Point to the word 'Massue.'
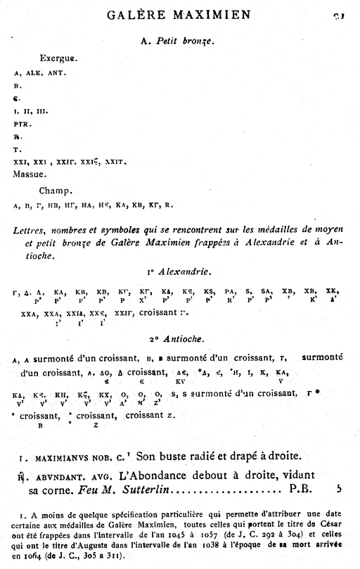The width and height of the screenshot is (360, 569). coord(30,173)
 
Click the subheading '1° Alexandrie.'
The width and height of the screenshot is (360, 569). coord(180,271)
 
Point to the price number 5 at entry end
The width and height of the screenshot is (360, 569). coord(339,487)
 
